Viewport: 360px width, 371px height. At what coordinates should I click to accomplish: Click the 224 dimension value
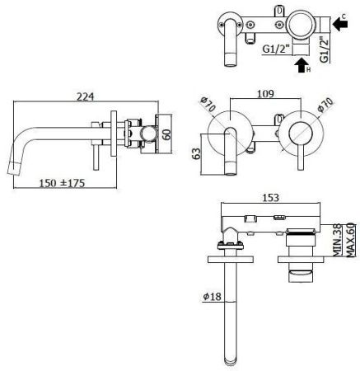pyautogui.click(x=85, y=96)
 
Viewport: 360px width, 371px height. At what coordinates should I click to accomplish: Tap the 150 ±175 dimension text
pyautogui.click(x=62, y=183)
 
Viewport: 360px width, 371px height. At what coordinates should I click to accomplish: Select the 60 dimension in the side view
pyautogui.click(x=167, y=134)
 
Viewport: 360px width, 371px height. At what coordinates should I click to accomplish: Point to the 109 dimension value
pyautogui.click(x=265, y=94)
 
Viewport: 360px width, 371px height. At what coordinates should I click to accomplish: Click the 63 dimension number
pyautogui.click(x=196, y=154)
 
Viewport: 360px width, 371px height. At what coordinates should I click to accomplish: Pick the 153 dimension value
pyautogui.click(x=271, y=198)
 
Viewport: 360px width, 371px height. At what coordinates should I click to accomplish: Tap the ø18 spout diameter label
pyautogui.click(x=212, y=297)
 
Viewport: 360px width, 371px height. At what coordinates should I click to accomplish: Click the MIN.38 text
pyautogui.click(x=338, y=241)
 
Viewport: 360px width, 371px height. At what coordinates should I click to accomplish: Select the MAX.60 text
pyautogui.click(x=352, y=241)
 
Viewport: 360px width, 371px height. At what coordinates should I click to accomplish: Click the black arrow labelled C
pyautogui.click(x=340, y=24)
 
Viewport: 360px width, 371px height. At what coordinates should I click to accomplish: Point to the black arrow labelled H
pyautogui.click(x=301, y=65)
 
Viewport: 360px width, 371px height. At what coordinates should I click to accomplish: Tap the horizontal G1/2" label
pyautogui.click(x=276, y=49)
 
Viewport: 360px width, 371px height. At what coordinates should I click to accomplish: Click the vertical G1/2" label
pyautogui.click(x=325, y=49)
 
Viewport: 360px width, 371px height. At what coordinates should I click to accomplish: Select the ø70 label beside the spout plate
pyautogui.click(x=208, y=105)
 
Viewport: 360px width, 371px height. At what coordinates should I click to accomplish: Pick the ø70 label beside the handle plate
pyautogui.click(x=326, y=105)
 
